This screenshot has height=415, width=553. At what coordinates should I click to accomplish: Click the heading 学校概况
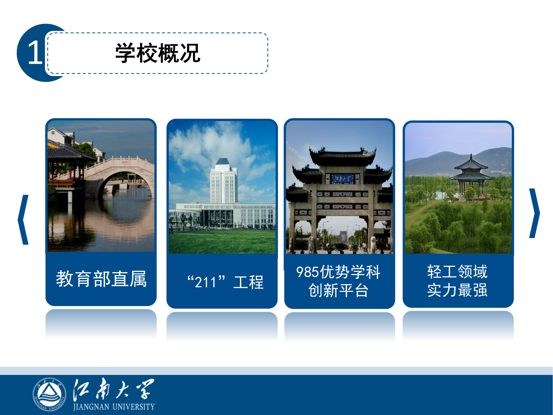[x=158, y=53]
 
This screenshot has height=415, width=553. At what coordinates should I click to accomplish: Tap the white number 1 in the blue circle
[x=35, y=52]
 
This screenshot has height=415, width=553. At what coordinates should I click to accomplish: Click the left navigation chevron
[x=24, y=220]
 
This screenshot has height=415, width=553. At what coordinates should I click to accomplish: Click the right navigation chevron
[x=534, y=213]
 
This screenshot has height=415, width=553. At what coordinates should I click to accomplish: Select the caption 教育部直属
[x=101, y=279]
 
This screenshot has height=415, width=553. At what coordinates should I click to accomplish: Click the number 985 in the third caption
[x=308, y=272]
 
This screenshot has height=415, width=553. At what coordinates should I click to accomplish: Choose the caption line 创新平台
[x=338, y=290]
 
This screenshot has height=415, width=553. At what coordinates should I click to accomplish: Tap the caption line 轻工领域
[x=457, y=272]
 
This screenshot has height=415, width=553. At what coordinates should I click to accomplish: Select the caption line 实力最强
[x=457, y=290]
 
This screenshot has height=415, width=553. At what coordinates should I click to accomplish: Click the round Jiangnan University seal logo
[x=49, y=394]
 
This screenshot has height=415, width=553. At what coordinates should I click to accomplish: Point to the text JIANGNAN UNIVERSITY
[x=114, y=407]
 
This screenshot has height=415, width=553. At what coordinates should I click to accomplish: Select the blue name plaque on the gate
[x=342, y=179]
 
